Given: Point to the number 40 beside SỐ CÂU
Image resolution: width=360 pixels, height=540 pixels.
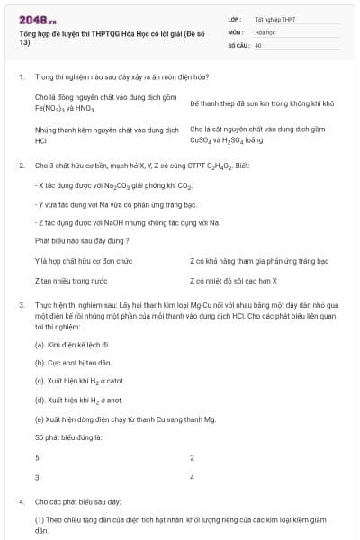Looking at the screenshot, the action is coord(258,44).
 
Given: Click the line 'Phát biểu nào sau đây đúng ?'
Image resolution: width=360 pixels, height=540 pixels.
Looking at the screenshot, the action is coord(82,240).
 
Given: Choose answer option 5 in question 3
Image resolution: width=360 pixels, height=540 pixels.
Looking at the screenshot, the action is coord(37,458).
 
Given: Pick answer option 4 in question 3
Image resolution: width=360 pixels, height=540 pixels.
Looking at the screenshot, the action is coord(193,477).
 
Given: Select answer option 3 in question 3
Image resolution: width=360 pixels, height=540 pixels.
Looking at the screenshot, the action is coord(37,477).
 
